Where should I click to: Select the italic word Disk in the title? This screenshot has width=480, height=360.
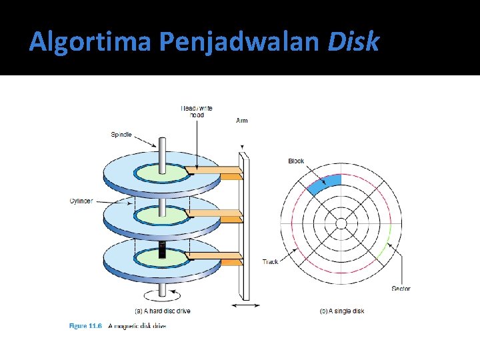pos(353,41)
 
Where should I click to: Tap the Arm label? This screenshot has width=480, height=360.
pos(242,121)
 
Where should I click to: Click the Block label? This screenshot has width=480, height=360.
pos(296,161)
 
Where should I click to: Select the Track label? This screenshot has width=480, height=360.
pos(270,262)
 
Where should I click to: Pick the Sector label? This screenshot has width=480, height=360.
pos(401,289)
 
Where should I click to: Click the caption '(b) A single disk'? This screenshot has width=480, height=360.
pos(342,311)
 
